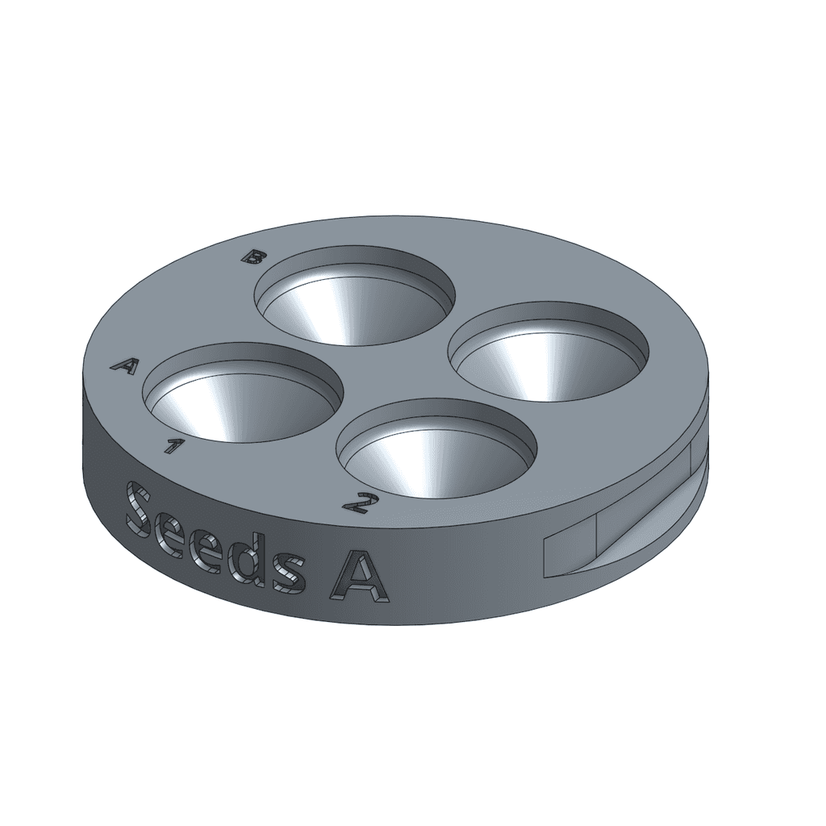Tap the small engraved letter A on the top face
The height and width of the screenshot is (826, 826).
pos(124,365)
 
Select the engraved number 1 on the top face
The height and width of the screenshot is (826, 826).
pos(171,445)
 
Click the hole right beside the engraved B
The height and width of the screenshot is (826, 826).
pos(355,295)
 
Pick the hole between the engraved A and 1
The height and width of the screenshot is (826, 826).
pos(242,393)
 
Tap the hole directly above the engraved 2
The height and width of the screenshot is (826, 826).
pos(436,448)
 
